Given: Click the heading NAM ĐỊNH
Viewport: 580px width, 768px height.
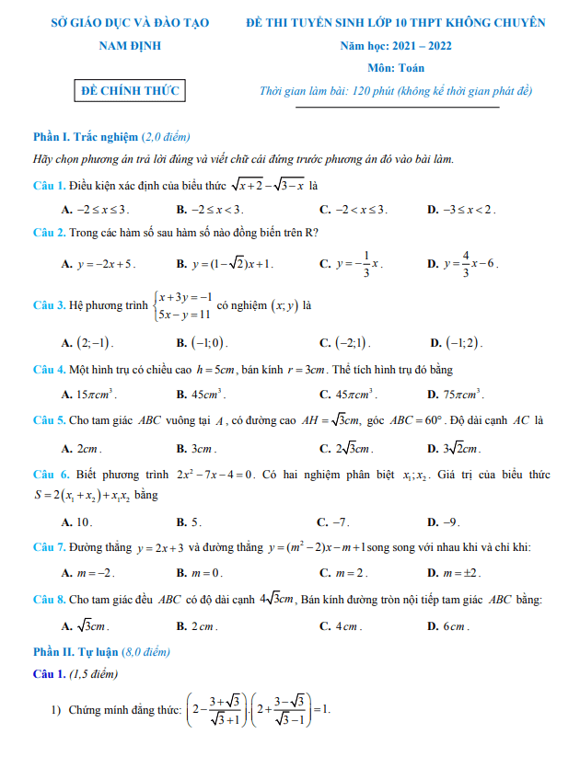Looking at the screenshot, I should (x=130, y=45).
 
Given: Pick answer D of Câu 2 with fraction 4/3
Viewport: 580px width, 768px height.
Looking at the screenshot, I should (x=470, y=263).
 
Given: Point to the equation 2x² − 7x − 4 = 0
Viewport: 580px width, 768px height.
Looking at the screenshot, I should (x=215, y=475).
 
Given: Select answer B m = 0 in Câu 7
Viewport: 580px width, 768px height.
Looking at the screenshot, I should (x=206, y=572).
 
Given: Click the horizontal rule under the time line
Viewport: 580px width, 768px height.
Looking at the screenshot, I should (x=398, y=108).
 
